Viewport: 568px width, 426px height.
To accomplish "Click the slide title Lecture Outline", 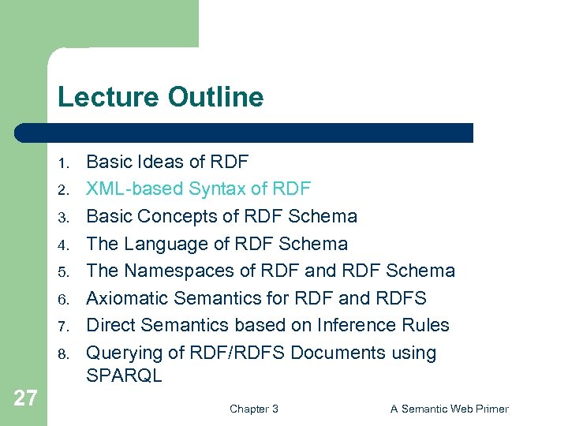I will point(160,97).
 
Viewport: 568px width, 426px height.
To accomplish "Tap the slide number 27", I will point(25,398).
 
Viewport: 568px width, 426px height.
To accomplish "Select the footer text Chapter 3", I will point(253,409).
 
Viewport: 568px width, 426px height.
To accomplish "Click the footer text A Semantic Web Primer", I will point(449,409).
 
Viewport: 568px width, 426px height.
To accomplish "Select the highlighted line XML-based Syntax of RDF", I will point(198,189).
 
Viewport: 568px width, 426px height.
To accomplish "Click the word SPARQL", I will point(124,376).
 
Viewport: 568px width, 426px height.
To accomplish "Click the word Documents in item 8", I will point(335,353).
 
